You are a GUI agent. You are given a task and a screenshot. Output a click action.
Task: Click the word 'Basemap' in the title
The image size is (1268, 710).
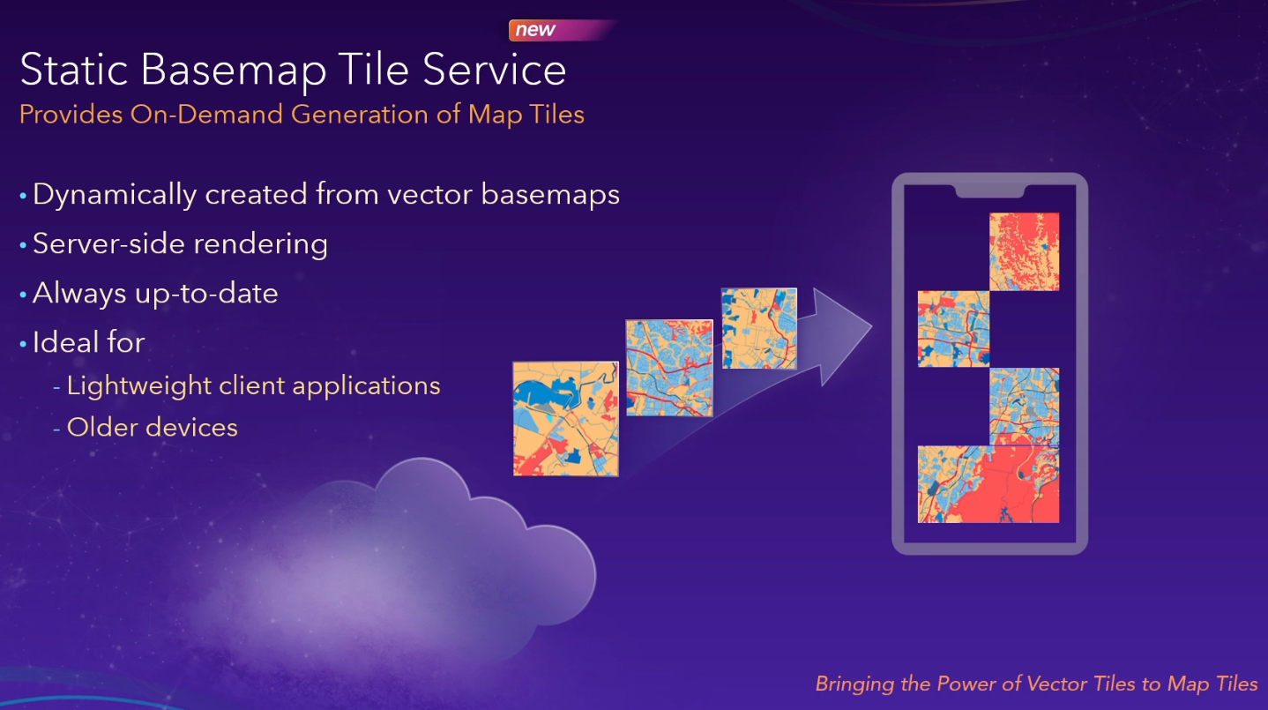click(x=234, y=71)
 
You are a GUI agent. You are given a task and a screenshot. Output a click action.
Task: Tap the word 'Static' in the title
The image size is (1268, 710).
click(x=74, y=69)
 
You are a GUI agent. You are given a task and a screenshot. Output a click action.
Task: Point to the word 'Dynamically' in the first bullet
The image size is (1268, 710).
click(x=115, y=195)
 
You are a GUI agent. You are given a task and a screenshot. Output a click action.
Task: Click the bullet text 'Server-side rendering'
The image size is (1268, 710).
click(x=180, y=244)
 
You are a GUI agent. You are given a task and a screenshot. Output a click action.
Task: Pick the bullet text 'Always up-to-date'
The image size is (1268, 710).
click(x=155, y=294)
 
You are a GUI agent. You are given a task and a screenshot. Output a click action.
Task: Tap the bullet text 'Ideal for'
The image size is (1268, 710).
click(x=89, y=342)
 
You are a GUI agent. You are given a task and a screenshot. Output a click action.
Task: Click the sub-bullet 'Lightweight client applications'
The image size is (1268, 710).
click(x=254, y=386)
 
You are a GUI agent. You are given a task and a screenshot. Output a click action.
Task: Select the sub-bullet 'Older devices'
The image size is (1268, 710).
click(x=153, y=428)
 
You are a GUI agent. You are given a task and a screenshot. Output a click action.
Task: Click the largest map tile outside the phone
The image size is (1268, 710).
click(x=565, y=418)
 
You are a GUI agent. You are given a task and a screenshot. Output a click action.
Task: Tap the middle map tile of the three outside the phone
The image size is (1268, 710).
click(x=669, y=368)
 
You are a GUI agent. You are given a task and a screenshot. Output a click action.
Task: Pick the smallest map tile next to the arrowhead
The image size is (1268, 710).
click(x=759, y=328)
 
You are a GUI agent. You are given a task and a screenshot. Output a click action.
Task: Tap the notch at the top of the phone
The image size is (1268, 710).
click(x=990, y=191)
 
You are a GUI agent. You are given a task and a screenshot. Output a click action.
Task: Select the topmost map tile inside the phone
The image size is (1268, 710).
click(x=1024, y=251)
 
